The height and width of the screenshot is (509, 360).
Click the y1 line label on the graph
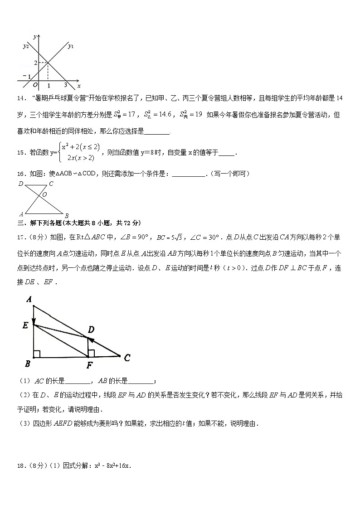click(x=71, y=46)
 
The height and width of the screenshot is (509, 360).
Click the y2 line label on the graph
click(x=26, y=46)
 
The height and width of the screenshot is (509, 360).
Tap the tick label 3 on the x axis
click(x=65, y=85)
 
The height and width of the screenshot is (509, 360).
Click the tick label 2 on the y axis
click(x=35, y=62)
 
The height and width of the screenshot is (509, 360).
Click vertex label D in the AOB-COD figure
click(x=21, y=184)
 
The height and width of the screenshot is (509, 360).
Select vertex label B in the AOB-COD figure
click(x=66, y=215)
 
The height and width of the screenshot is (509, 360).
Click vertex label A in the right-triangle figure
click(x=29, y=299)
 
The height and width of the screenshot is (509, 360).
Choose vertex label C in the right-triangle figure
click(x=127, y=358)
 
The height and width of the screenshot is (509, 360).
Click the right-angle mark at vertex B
click(x=37, y=354)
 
